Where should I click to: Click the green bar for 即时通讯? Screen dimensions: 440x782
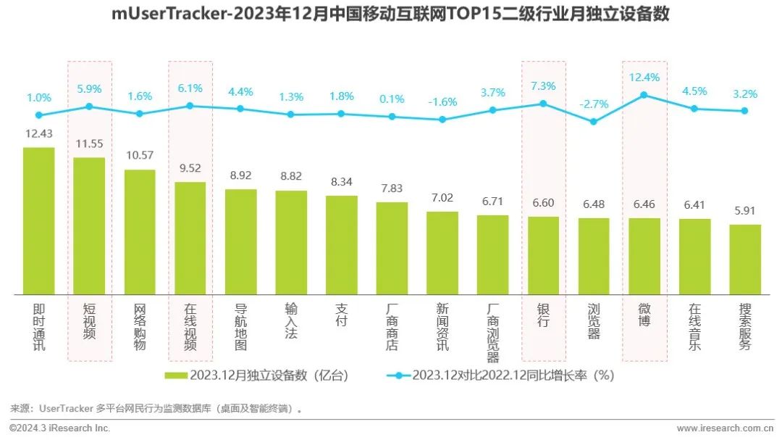click(38, 221)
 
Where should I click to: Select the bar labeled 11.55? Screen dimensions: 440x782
click(89, 226)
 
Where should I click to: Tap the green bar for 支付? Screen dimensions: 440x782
click(341, 245)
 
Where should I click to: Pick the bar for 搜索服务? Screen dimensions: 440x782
click(744, 260)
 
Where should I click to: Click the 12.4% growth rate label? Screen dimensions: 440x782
click(644, 77)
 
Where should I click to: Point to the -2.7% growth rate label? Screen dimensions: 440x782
click(594, 104)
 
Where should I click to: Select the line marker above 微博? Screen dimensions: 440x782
click(644, 95)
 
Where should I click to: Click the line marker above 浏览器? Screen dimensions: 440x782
click(594, 122)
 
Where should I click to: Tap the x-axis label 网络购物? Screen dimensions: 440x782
click(140, 327)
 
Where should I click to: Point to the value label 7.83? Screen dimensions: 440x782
click(392, 188)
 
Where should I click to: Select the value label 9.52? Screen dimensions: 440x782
click(190, 168)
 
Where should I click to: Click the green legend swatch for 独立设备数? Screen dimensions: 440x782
click(176, 375)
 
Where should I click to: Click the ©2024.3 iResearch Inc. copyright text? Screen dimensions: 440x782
click(60, 428)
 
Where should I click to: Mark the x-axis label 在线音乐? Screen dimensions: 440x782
click(694, 327)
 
